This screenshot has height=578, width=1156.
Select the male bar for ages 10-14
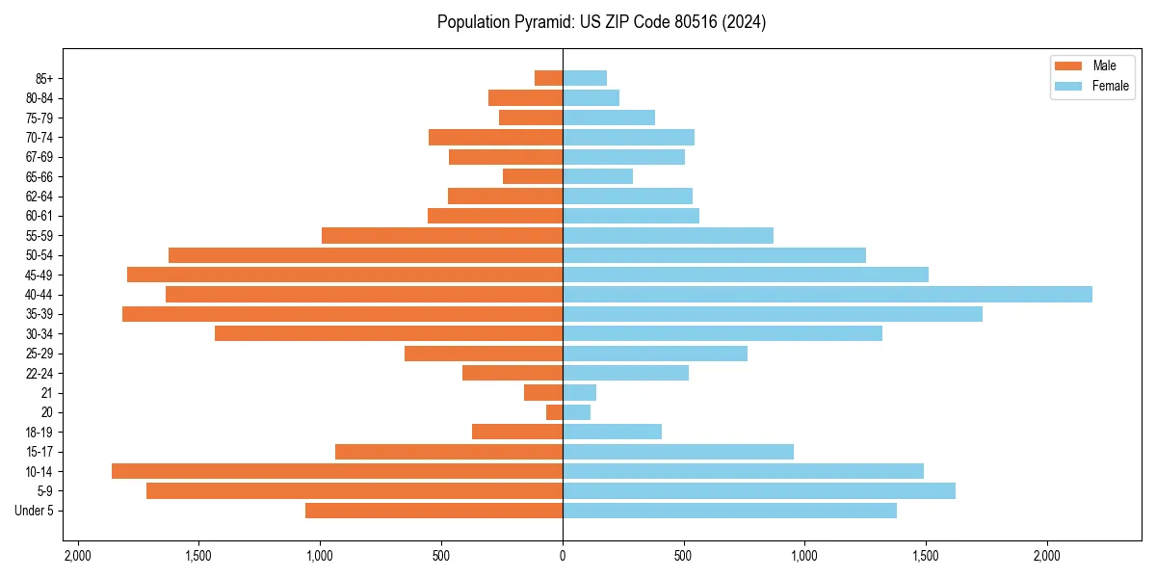[x=337, y=471]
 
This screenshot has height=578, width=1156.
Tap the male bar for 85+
[x=548, y=78]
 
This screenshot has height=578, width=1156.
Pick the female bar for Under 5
[x=729, y=511]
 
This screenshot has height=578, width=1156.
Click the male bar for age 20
[x=554, y=412]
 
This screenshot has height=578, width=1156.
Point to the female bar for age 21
[x=579, y=392]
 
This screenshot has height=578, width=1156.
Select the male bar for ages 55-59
[x=442, y=235]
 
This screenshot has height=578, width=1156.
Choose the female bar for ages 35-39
[x=772, y=314]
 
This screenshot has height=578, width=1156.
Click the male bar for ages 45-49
[x=345, y=275]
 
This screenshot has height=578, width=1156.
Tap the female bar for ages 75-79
[x=609, y=118]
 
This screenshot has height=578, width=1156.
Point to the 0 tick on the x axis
[x=563, y=556]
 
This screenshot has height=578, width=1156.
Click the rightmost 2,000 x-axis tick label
[x=1046, y=556]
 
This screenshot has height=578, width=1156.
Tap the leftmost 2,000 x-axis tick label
[x=78, y=556]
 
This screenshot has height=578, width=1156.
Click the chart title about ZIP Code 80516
[x=601, y=22]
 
